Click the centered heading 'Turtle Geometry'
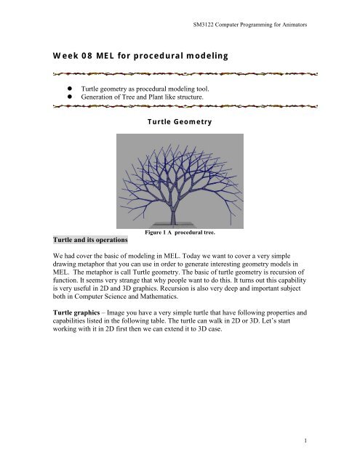tap(180, 122)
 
